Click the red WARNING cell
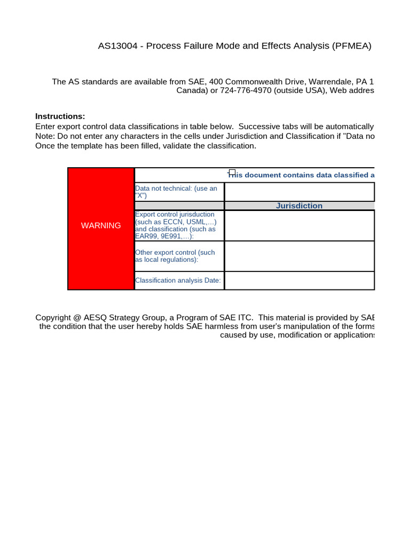point(101,229)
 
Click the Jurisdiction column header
point(299,206)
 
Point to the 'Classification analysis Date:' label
point(178,280)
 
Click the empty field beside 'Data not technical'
point(299,192)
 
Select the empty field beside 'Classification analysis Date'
point(299,280)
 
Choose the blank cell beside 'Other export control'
point(299,256)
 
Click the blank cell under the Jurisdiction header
point(299,225)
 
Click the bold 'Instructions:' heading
point(60,116)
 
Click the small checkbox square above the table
point(232,173)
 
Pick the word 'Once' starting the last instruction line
point(44,146)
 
